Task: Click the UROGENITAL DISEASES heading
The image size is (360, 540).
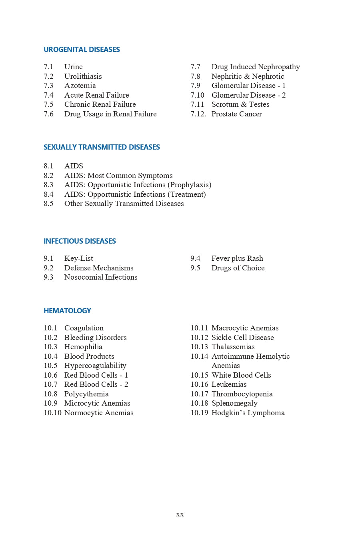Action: click(x=82, y=50)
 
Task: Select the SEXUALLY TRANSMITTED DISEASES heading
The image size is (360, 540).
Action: click(x=102, y=147)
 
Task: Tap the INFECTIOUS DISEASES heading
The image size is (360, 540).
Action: click(x=80, y=241)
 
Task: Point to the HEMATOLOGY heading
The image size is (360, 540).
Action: click(x=67, y=311)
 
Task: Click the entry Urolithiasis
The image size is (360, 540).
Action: click(x=83, y=76)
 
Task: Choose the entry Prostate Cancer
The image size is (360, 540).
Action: click(x=236, y=114)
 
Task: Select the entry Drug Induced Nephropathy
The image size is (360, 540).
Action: click(x=256, y=67)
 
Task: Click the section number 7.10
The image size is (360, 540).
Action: click(x=197, y=95)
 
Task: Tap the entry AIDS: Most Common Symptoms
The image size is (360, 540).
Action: click(x=118, y=176)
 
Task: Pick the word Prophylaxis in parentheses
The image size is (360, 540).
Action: click(x=190, y=185)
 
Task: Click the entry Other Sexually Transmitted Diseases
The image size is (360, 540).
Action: click(x=124, y=204)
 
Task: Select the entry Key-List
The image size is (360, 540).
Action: click(x=78, y=258)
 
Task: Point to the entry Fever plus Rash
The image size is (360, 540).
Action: click(x=237, y=258)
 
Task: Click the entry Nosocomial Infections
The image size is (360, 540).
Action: click(x=101, y=277)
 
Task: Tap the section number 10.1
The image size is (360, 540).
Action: click(x=50, y=328)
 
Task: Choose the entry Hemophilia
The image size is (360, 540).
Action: click(x=83, y=347)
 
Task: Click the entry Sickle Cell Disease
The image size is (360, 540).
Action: click(x=242, y=338)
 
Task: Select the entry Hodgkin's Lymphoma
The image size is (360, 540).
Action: click(x=248, y=413)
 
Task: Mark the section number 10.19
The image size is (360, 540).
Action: click(x=199, y=413)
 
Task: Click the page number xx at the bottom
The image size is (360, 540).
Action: click(x=180, y=514)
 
